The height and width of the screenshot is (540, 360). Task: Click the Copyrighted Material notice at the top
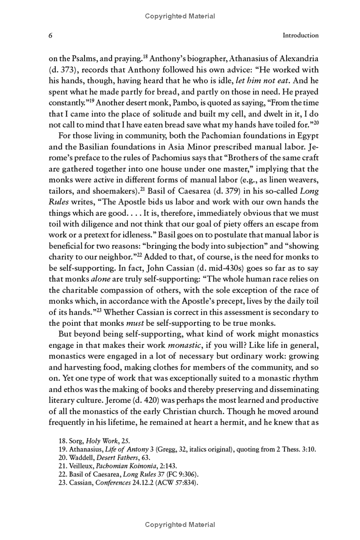[x=180, y=16]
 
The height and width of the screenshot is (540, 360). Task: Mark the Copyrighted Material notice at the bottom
[x=180, y=524]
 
